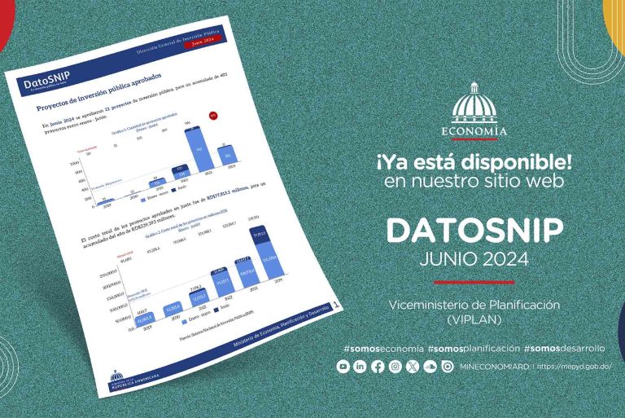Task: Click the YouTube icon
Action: (x=343, y=367)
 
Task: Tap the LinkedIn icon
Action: (x=360, y=367)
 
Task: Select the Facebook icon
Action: (x=378, y=367)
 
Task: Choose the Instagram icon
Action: (x=395, y=367)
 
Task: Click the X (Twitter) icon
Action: (x=413, y=367)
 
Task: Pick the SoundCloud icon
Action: (x=430, y=367)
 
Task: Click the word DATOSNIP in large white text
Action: (x=474, y=231)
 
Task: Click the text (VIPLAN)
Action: (x=474, y=319)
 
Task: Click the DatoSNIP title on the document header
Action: (x=47, y=83)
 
